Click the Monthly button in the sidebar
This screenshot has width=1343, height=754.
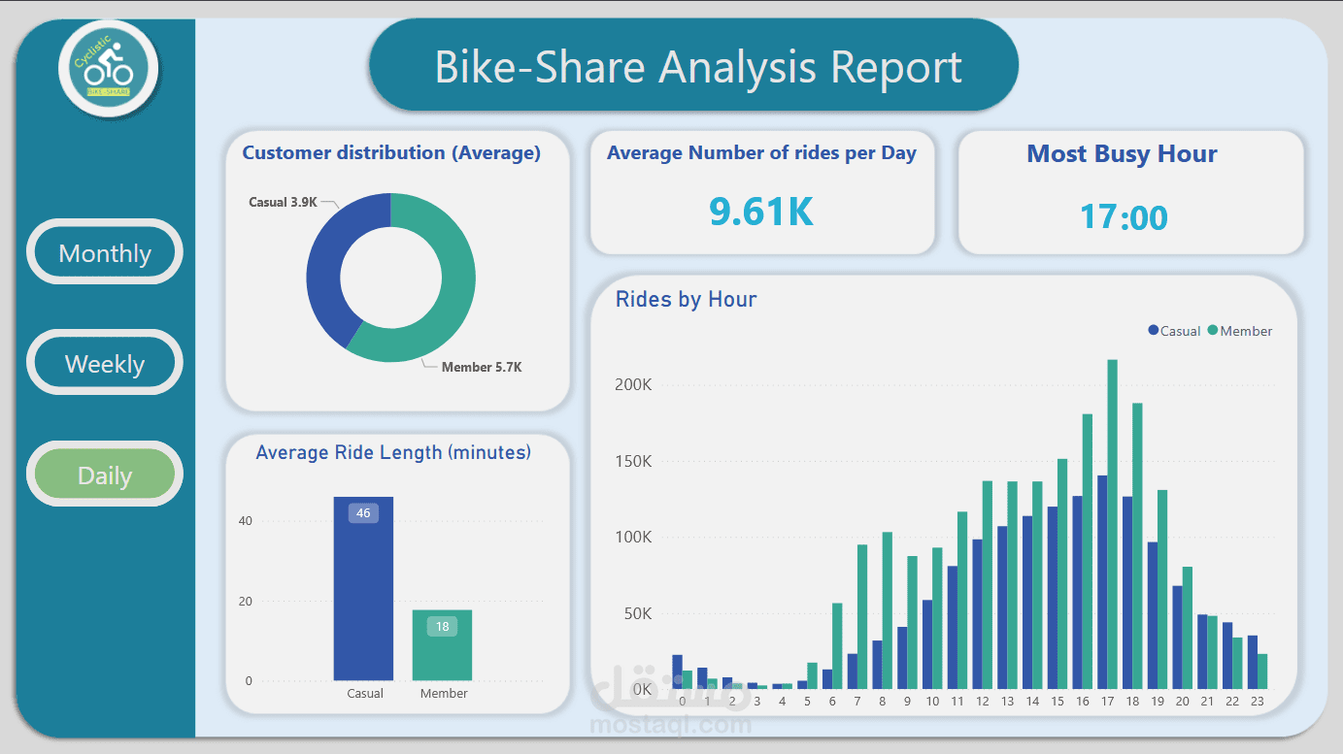(x=105, y=253)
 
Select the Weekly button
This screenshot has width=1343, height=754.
(x=105, y=364)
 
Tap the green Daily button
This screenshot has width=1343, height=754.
(x=105, y=475)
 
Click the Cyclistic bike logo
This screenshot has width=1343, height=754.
(x=108, y=69)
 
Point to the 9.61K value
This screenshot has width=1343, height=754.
(x=761, y=212)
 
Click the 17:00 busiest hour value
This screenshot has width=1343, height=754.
(x=1124, y=216)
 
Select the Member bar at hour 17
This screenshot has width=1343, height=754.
(x=1112, y=524)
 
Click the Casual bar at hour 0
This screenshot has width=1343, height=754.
(x=677, y=672)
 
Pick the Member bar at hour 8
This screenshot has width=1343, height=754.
(x=887, y=610)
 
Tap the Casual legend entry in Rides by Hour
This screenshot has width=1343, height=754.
(x=1175, y=331)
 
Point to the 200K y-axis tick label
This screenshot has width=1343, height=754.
(x=633, y=384)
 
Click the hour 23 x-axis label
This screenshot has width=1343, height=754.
(x=1257, y=702)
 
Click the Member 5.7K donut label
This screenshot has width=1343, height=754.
(x=482, y=367)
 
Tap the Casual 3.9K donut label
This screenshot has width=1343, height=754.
(x=283, y=202)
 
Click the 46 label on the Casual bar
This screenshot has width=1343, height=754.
(x=363, y=512)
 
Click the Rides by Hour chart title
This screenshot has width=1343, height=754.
(x=686, y=299)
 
